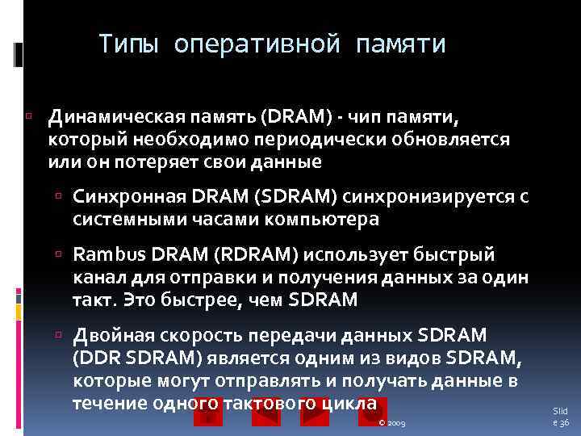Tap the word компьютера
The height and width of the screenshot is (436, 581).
(320, 219)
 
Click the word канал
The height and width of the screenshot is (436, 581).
(94, 278)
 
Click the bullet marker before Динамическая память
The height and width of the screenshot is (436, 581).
(28, 118)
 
